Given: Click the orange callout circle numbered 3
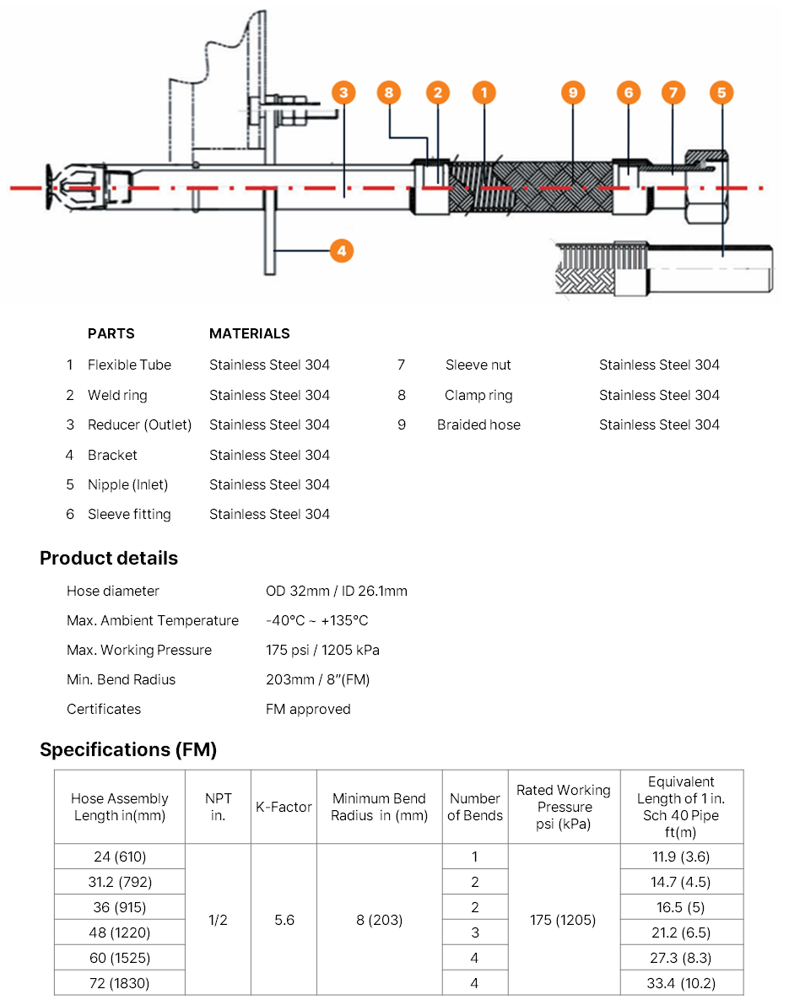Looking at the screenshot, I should point(343,93).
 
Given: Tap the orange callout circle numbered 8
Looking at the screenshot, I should point(389,93).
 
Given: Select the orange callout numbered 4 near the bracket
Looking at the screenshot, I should point(341,250).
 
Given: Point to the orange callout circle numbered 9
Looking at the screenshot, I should point(573,93).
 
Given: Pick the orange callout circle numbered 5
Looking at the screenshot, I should point(721,93).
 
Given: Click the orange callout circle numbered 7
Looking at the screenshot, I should point(673,93).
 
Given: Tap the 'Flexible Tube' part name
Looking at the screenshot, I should point(129,365).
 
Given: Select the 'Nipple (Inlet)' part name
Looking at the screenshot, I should point(127,484).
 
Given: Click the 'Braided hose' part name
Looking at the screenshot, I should point(478,424).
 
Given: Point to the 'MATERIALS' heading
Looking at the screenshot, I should point(249,333).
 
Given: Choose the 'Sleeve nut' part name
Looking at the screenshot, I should point(478,365).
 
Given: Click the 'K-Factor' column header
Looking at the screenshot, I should point(284,807).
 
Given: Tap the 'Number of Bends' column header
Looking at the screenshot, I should point(475,807).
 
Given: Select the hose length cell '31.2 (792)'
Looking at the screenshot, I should point(120,882).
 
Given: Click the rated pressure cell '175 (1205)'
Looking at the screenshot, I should point(565,920).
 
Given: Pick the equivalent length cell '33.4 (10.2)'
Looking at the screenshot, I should point(681,982).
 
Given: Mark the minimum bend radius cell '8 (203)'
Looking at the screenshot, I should point(380,920).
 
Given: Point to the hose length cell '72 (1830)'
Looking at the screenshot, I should point(120,982).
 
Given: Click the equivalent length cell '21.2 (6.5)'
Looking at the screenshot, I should point(681,932).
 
